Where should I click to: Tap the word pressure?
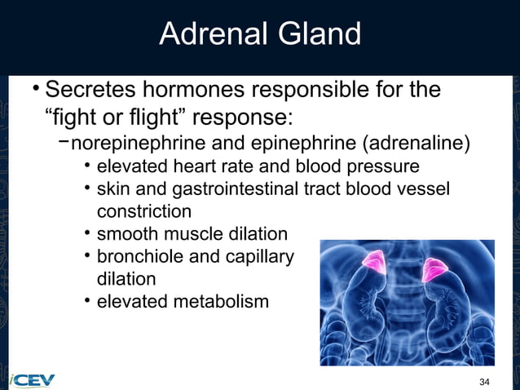tap(386, 167)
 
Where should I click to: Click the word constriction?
tap(144, 211)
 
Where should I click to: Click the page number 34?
tap(485, 382)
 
